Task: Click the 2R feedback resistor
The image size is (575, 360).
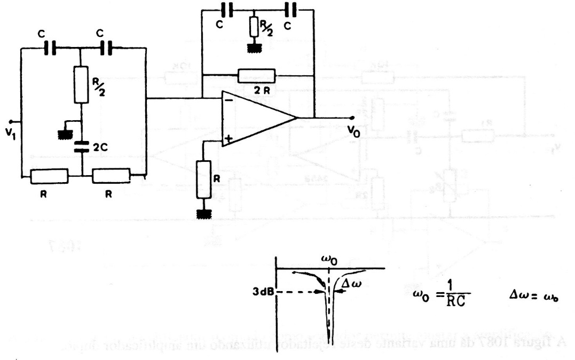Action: click(257, 75)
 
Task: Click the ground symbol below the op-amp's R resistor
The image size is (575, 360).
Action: click(203, 214)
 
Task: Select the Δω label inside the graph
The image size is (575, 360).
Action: click(351, 283)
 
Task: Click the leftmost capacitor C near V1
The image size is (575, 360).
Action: click(51, 49)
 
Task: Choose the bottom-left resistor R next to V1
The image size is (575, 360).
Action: click(49, 175)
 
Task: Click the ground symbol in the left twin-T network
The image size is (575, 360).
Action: click(67, 132)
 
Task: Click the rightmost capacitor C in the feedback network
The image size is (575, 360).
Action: click(291, 10)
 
